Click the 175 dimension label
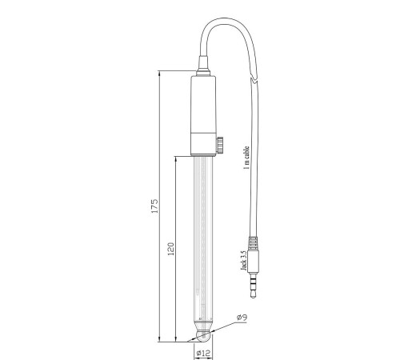tap(154, 206)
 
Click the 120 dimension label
tap(170, 249)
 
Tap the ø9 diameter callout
tap(242, 318)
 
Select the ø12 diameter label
tap(203, 353)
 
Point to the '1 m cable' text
tap(246, 158)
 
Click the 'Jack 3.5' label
tap(243, 261)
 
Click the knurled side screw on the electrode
tap(220, 145)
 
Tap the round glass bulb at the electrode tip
tap(203, 337)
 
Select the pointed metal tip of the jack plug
tap(253, 294)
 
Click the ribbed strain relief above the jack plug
tap(254, 242)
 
